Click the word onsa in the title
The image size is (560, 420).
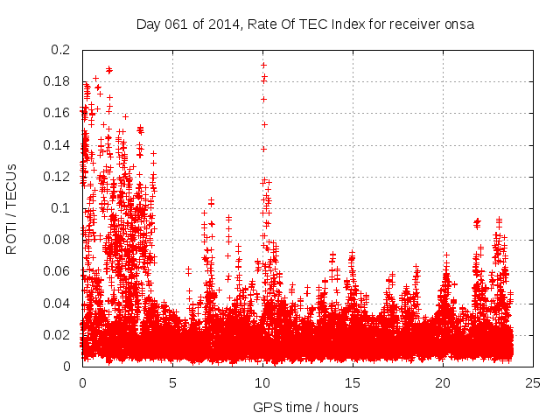point(460,24)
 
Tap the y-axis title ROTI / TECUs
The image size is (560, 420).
point(11,208)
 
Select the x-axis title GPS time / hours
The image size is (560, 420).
point(305,407)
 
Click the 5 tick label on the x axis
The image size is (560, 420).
point(172,382)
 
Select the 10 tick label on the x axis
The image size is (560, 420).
point(262,382)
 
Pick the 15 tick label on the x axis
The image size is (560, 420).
point(353,382)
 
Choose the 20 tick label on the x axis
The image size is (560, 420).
point(443,382)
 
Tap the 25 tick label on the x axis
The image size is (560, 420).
point(533,382)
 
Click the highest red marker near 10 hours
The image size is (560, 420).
point(263,65)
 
